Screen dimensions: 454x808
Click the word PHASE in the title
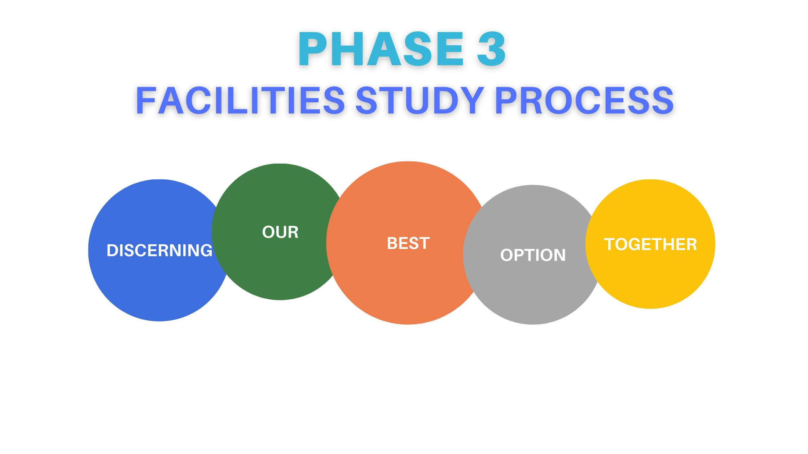pos(381,49)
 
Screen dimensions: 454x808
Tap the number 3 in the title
pos(491,49)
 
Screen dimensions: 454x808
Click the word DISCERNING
pos(159,250)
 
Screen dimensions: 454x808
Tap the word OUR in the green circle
pos(280,232)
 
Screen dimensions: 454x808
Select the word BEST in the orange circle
pos(408,244)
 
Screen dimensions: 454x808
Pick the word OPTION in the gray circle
pos(533,255)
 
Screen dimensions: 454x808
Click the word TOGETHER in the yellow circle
pos(650,244)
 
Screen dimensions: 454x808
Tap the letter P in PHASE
pos(312,49)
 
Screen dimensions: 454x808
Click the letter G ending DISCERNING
pos(205,250)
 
